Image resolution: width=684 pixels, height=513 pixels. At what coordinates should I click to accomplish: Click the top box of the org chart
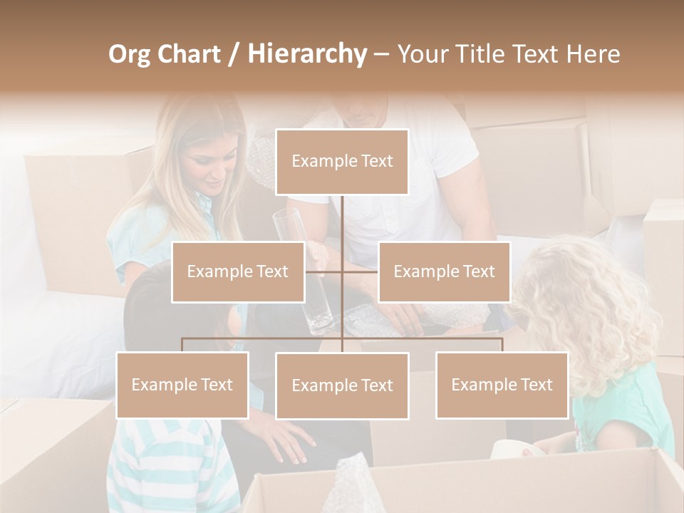[x=342, y=162]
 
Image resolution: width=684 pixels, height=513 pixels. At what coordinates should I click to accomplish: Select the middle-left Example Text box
[x=238, y=271]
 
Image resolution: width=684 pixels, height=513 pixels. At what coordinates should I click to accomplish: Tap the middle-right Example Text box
[x=444, y=271]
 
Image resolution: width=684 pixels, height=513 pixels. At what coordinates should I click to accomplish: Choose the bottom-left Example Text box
[x=182, y=385]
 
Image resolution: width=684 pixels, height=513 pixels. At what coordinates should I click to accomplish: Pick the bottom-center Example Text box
[x=342, y=385]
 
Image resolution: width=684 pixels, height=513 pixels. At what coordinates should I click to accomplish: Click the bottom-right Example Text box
[x=502, y=385]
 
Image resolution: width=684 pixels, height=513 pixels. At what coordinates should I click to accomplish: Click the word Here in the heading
[x=593, y=53]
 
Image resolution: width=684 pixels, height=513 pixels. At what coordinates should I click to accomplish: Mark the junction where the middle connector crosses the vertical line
[x=342, y=271]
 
